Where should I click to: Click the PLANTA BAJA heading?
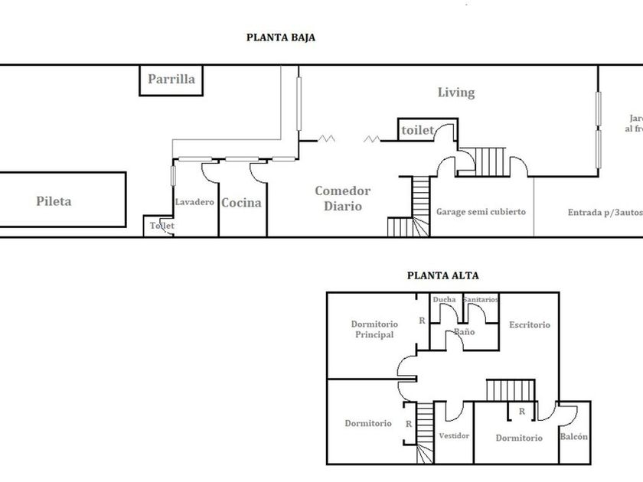(280, 36)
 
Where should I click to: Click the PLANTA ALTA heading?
(442, 276)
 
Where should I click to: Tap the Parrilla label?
(171, 79)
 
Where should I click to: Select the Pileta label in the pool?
(54, 201)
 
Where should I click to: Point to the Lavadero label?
(194, 203)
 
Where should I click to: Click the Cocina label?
(241, 204)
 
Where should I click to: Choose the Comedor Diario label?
(342, 198)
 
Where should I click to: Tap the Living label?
(455, 93)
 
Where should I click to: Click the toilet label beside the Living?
(417, 131)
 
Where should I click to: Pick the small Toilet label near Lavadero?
(162, 226)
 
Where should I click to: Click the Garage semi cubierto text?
(481, 212)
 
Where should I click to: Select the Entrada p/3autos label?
(602, 212)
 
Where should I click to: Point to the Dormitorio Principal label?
(373, 329)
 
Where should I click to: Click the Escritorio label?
(529, 324)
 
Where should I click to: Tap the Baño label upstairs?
(464, 332)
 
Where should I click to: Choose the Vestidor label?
(454, 435)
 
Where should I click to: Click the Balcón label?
(573, 436)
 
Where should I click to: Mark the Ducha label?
(444, 299)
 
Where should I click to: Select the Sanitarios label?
(480, 299)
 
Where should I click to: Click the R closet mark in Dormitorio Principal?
(421, 321)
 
